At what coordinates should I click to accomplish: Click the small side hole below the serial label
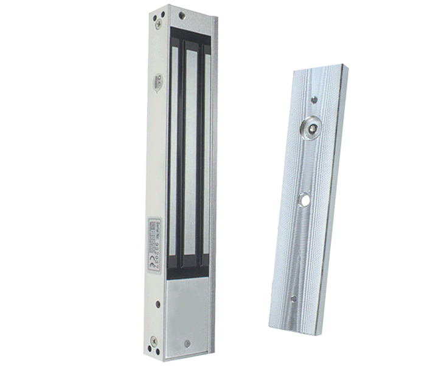point(158,303)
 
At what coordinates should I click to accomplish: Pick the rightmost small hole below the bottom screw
point(151,352)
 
